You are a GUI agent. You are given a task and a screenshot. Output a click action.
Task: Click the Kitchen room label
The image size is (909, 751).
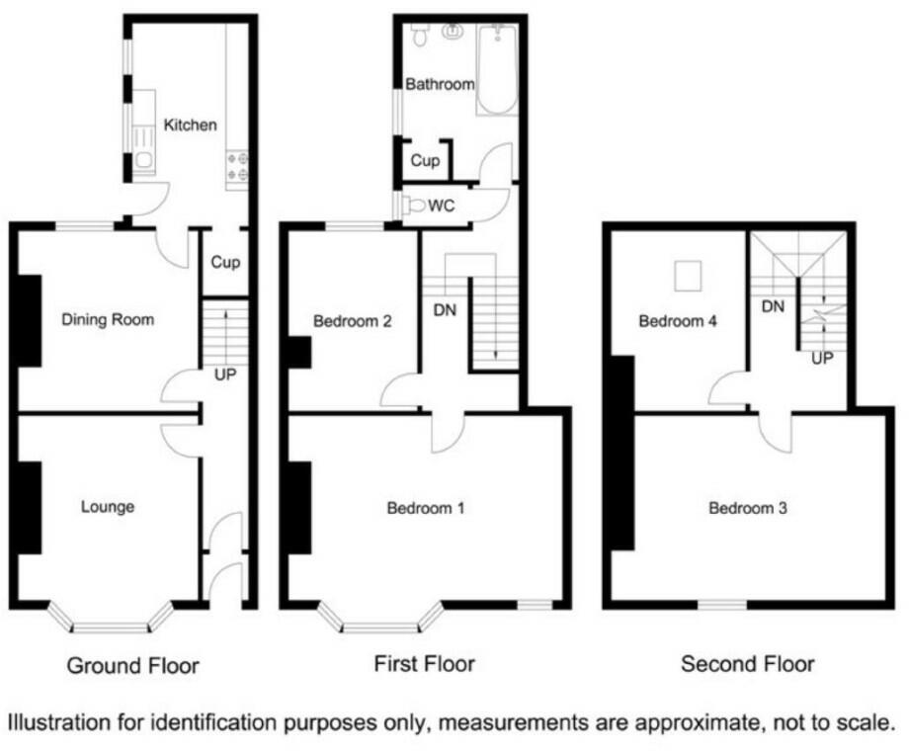pos(190,125)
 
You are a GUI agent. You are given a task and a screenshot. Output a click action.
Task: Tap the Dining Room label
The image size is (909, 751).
pos(108,319)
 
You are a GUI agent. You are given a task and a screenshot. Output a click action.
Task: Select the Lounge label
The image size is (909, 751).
pos(107,507)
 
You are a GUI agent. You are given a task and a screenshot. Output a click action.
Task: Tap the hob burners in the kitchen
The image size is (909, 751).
pos(238,167)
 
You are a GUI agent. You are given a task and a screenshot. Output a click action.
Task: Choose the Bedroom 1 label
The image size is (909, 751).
pos(425,509)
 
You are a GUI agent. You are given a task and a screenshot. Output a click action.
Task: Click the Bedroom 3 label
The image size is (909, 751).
pos(748,509)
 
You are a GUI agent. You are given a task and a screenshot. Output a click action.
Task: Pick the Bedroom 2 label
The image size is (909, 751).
pos(353,321)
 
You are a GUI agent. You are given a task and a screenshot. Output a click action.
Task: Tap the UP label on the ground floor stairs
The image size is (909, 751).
pos(225,375)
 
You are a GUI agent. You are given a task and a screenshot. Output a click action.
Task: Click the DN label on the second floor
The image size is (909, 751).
pos(773,306)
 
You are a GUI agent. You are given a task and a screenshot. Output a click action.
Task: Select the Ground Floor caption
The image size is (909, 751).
pos(132,666)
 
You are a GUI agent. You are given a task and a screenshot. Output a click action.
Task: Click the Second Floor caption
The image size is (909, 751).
pos(748,664)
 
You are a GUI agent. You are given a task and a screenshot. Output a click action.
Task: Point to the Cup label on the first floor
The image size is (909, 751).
pos(425,160)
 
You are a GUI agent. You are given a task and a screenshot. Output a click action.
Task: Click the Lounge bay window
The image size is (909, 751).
pos(109,623)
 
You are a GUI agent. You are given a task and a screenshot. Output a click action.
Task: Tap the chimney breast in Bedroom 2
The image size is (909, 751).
pos(298,353)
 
